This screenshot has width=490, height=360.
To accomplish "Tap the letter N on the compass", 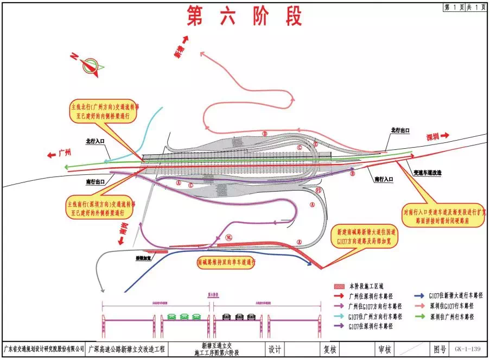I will [x=74, y=56].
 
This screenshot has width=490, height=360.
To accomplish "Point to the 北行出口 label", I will [x=399, y=131].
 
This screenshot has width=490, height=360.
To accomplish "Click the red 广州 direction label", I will [x=60, y=154].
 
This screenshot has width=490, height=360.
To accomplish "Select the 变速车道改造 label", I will [x=428, y=172].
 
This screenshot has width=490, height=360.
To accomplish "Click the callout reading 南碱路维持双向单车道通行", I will [x=226, y=262].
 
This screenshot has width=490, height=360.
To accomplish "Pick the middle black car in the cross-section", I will [x=239, y=316].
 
